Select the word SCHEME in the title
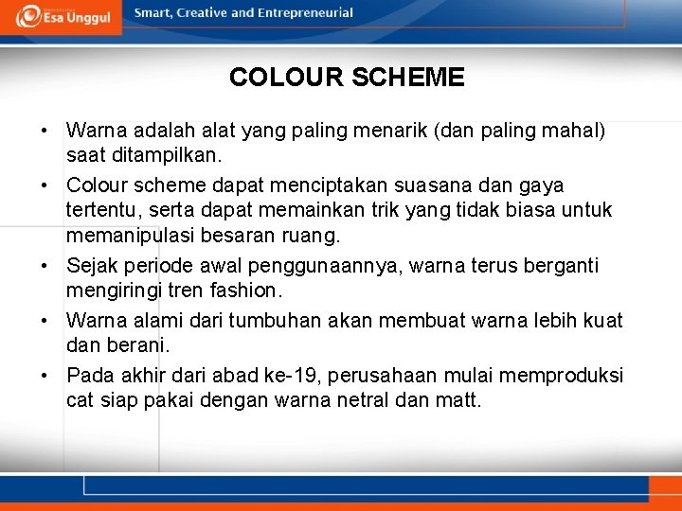point(408,78)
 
